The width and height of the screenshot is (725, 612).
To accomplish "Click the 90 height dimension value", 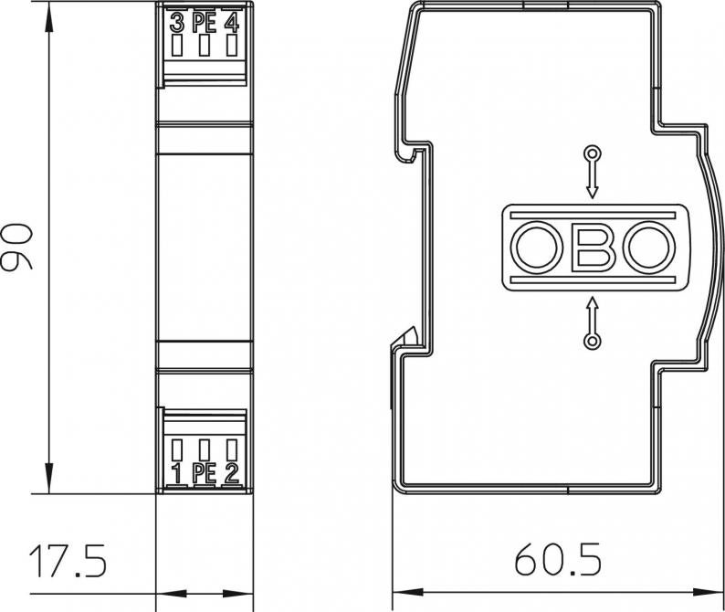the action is coord(17,246).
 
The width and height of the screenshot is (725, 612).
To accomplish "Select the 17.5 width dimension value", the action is coord(68,561).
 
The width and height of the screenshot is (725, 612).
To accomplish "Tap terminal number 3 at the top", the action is coord(176,23).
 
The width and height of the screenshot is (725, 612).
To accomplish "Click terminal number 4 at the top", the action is coord(232,23).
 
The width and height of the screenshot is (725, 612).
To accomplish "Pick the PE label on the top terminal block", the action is coord(204,23).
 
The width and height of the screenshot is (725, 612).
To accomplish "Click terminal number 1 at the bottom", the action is coord(176,474).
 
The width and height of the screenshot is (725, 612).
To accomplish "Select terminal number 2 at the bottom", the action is coord(231,474).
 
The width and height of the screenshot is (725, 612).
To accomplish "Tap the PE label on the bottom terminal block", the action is coord(204,474).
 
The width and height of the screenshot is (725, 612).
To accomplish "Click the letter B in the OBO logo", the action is coord(594,246).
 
